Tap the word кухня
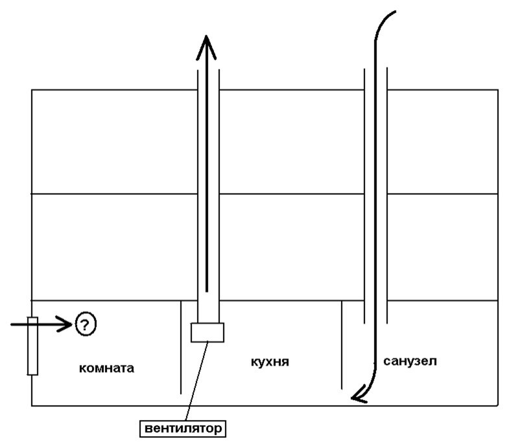[x=269, y=361]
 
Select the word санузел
[x=410, y=361]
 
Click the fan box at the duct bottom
[x=207, y=332]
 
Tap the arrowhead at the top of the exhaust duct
[x=207, y=45]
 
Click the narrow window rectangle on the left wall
[x=32, y=346]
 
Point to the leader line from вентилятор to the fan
[x=196, y=381]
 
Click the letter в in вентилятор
[x=147, y=429]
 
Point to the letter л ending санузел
[x=432, y=361]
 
